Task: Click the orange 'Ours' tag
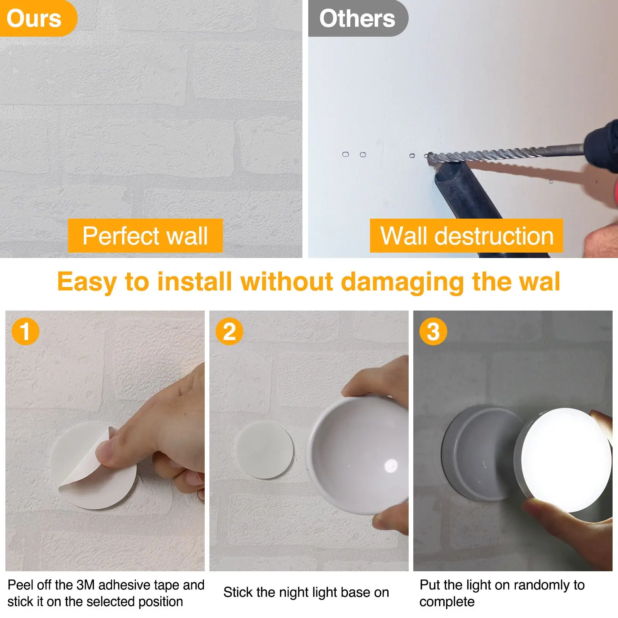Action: point(35,18)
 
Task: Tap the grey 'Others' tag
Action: point(357,18)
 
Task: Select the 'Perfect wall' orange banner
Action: point(145,236)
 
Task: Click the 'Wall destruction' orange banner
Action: point(467,236)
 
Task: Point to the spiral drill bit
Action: point(502,154)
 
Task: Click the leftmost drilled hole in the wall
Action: point(345,154)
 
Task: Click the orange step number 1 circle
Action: point(25,331)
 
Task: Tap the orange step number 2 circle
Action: point(229,331)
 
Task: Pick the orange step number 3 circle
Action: point(433,331)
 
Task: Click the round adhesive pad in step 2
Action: point(265,450)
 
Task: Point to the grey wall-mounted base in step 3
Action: point(479,452)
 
